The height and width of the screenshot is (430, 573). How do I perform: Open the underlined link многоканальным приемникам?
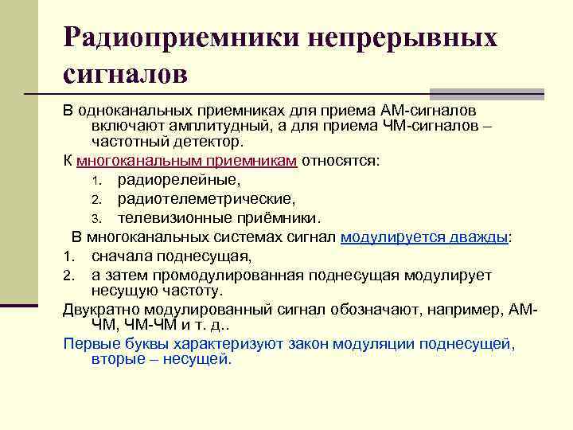[x=187, y=160]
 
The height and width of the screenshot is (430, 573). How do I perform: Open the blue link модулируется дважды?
[x=424, y=236]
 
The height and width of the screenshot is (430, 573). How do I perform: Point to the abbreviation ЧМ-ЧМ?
[x=150, y=326]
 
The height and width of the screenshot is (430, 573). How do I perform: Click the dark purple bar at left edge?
[x=19, y=305]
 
